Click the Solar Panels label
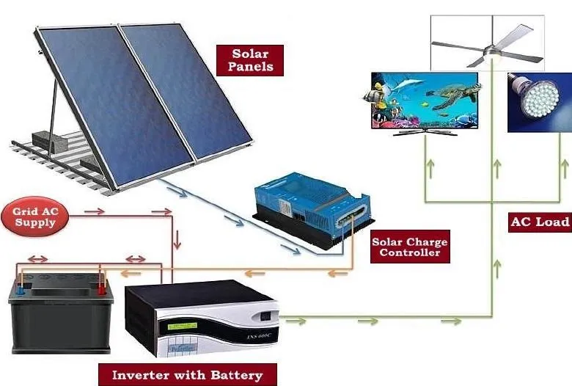point(250,60)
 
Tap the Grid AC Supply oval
point(34,216)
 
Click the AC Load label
point(540,222)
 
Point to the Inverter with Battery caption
point(187,375)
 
